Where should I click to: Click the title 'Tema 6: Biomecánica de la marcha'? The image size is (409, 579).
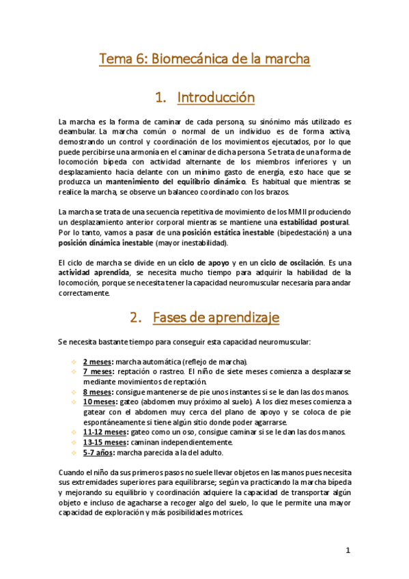205,60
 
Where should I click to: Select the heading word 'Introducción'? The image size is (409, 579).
216,98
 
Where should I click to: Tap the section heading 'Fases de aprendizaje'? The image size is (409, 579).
215,317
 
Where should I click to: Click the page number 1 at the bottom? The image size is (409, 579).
348,550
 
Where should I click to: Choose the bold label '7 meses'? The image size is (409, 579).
98,371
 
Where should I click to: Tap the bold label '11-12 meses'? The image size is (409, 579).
104,432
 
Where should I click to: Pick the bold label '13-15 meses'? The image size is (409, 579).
104,442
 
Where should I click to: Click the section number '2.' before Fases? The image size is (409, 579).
135,317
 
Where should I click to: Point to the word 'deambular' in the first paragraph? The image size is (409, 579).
77,131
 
